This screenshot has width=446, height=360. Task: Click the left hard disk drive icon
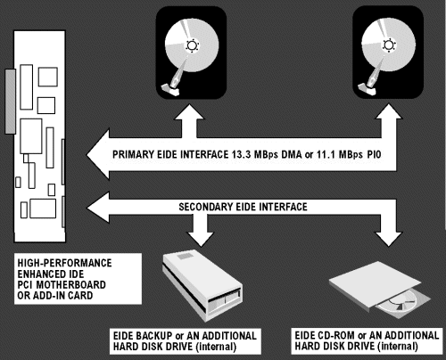[x=191, y=53]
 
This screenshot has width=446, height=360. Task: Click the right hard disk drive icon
[x=388, y=53]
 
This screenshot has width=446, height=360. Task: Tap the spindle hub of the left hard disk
[x=192, y=45]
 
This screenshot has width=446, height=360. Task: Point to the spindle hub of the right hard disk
[x=389, y=45]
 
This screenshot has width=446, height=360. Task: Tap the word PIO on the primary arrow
[x=374, y=154]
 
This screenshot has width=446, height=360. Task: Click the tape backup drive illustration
[x=202, y=286]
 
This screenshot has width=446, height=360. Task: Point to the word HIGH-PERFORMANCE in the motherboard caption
[x=64, y=263]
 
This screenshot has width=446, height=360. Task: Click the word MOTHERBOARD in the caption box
[x=70, y=285]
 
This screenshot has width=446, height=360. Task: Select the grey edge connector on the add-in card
[x=11, y=102]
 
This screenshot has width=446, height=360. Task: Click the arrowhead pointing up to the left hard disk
[x=189, y=111]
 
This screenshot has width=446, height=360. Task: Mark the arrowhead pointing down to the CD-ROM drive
[x=388, y=239]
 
